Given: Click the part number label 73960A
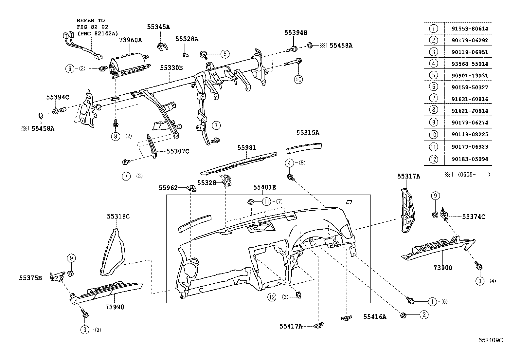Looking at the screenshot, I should [x=130, y=40].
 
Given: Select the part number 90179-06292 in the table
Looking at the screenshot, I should [x=468, y=41].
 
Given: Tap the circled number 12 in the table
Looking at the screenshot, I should [x=433, y=159].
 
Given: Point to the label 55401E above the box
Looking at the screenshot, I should [x=264, y=187].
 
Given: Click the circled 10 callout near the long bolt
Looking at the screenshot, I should [x=298, y=79].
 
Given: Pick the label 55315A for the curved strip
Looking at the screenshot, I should [x=308, y=133].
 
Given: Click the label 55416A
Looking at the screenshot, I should [x=374, y=317].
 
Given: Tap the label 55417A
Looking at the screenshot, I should [x=291, y=326].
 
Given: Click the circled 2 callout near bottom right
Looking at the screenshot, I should [x=424, y=315].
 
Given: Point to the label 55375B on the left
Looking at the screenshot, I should [x=30, y=278].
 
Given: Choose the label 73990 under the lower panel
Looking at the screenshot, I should [x=115, y=307].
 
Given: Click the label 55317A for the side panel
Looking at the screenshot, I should [x=409, y=176].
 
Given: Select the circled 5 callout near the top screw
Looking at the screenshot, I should [x=225, y=54].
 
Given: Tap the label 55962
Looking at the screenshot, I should [x=168, y=188].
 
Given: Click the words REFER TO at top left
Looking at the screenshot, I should [x=91, y=20].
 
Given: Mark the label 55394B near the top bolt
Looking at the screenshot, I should [x=296, y=32].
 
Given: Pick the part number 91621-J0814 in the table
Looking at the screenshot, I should [x=468, y=111].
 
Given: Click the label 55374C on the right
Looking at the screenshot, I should [x=474, y=217].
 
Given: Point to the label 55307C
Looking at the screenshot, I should [x=178, y=151].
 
